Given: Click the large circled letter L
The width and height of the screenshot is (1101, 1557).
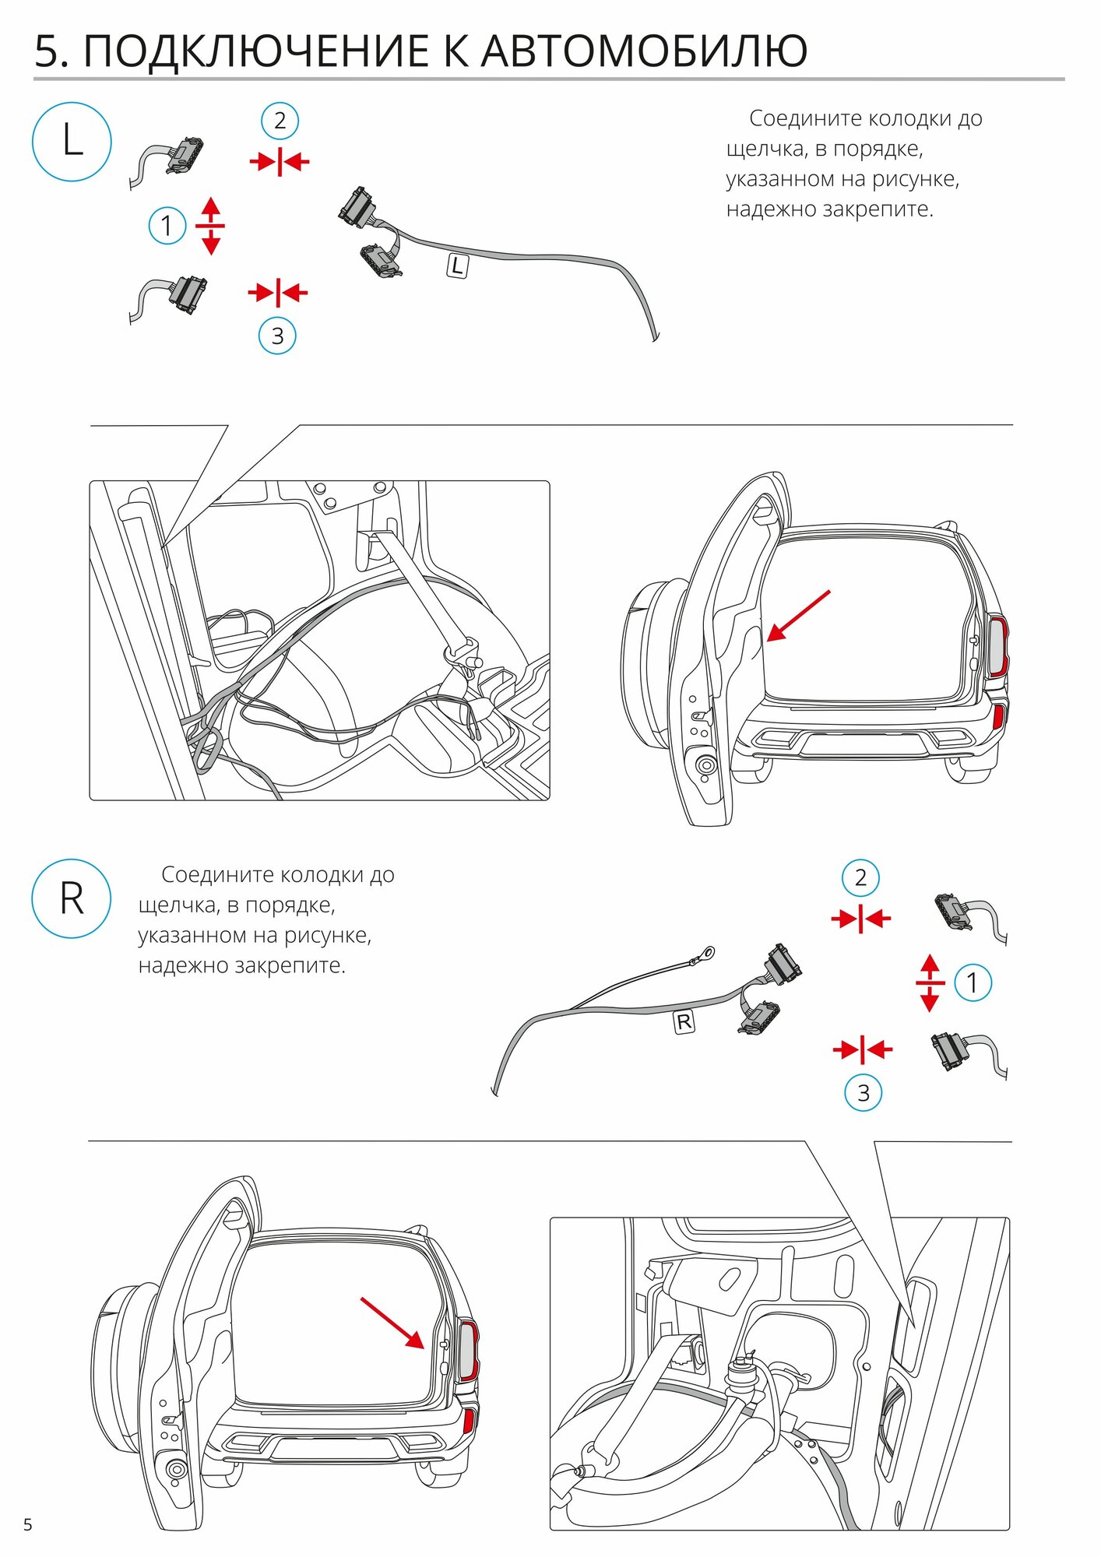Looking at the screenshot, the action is tap(72, 142).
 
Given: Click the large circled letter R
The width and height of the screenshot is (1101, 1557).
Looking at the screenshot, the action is tap(72, 898).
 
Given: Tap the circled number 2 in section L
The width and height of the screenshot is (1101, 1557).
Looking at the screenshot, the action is tap(280, 121).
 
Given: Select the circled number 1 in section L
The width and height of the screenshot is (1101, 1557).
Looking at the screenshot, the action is tap(167, 226).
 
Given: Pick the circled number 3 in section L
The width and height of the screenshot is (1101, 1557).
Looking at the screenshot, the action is tap(277, 336).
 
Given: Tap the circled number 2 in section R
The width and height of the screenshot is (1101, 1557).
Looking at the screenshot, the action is tap(860, 877).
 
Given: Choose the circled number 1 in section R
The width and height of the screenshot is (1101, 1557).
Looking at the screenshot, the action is tap(972, 982).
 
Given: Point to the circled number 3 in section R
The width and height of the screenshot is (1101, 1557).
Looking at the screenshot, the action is tap(864, 1093).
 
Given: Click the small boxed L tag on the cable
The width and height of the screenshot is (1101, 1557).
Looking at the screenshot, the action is tap(457, 265).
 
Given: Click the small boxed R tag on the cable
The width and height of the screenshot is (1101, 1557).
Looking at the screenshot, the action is tap(684, 1021).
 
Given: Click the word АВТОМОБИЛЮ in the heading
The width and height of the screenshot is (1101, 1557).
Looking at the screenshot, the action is tap(644, 51).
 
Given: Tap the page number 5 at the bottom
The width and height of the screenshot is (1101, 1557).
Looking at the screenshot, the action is tap(28, 1524).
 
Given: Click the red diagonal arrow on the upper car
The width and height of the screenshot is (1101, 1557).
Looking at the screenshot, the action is tap(799, 616).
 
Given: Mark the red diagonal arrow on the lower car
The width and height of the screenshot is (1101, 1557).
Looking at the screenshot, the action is tap(392, 1322).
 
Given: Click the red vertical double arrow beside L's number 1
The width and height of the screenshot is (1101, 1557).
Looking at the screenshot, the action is tap(210, 226).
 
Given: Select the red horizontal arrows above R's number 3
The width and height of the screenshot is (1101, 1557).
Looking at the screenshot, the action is tap(863, 1050).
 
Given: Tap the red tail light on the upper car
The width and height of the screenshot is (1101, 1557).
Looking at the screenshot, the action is tap(999, 647).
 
